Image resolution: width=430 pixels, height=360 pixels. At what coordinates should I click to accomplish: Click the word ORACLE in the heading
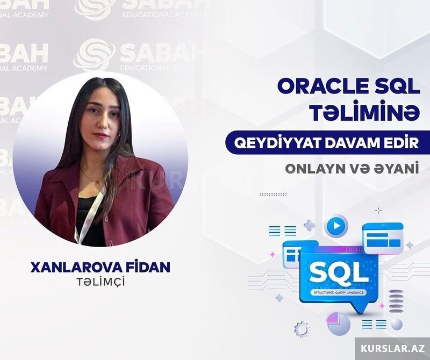pyautogui.click(x=321, y=87)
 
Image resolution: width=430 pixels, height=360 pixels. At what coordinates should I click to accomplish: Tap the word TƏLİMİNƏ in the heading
pyautogui.click(x=365, y=113)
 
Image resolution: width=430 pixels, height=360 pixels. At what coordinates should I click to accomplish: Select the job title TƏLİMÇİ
pyautogui.click(x=101, y=283)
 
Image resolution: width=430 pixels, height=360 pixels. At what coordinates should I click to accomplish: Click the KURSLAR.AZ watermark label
pyautogui.click(x=392, y=349)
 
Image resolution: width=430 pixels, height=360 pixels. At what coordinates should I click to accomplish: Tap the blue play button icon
pyautogui.click(x=336, y=226)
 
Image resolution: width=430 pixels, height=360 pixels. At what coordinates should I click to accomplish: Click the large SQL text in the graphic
pyautogui.click(x=339, y=273)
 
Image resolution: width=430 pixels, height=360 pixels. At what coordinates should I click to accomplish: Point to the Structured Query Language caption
pyautogui.click(x=339, y=292)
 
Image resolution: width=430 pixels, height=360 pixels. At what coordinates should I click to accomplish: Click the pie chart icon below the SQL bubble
pyautogui.click(x=338, y=324)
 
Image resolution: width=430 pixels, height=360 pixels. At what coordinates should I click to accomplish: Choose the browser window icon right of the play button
pyautogui.click(x=383, y=238)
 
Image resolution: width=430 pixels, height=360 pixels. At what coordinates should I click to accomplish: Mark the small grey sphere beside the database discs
pyautogui.click(x=397, y=324)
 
